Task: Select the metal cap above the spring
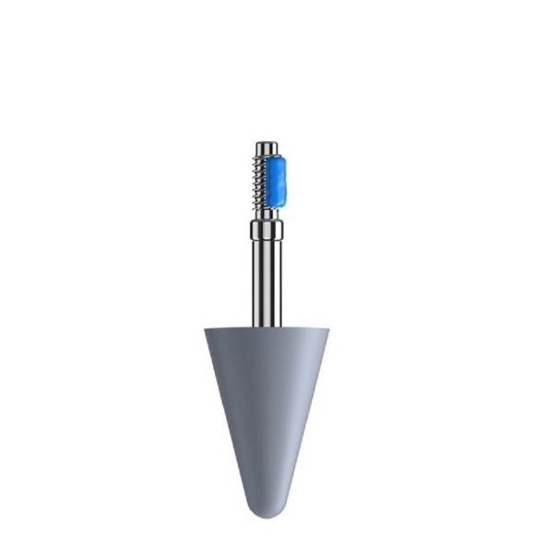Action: (267, 148)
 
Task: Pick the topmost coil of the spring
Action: (259, 162)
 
